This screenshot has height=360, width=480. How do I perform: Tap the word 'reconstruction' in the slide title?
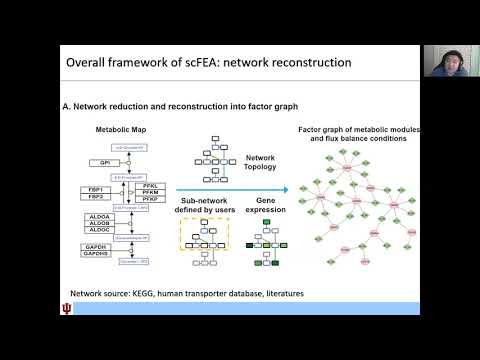(304, 62)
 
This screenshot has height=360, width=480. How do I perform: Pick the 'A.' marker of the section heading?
(66, 106)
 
